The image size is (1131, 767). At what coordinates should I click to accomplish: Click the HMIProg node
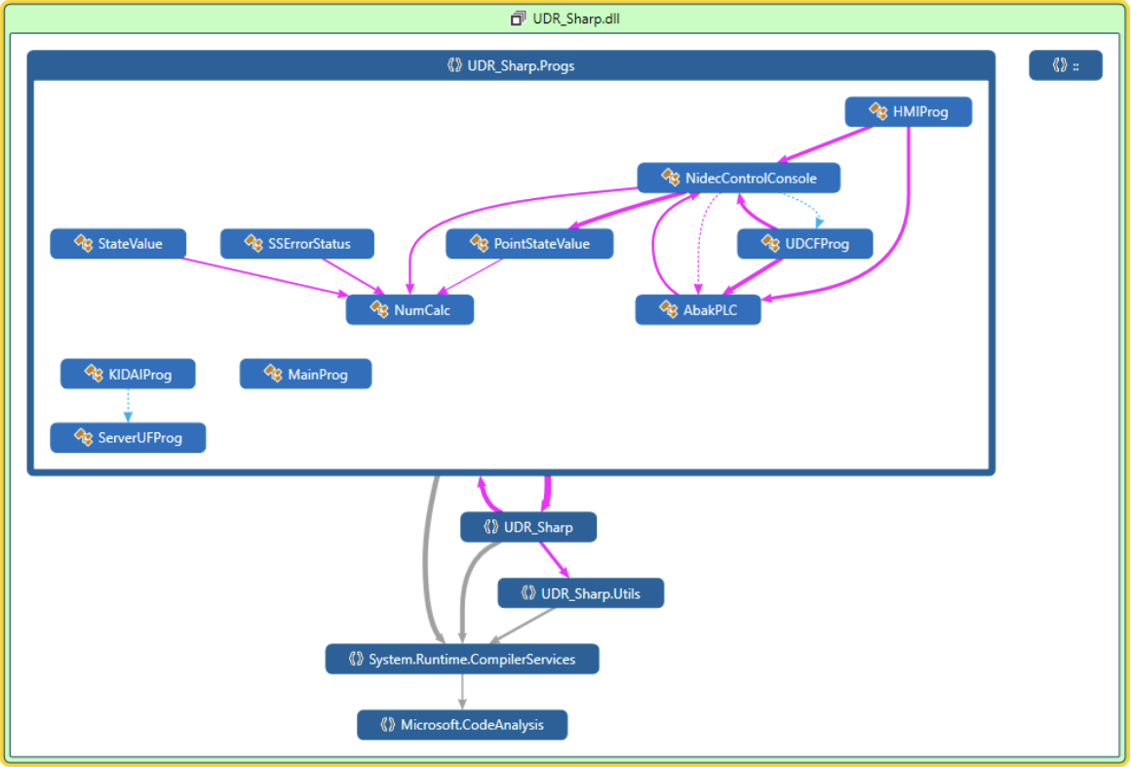pyautogui.click(x=908, y=112)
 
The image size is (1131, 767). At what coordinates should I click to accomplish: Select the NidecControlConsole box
pyautogui.click(x=738, y=178)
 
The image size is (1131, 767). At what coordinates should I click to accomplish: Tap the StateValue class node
pyautogui.click(x=119, y=244)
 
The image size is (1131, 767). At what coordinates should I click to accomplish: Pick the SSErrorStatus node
pyautogui.click(x=296, y=244)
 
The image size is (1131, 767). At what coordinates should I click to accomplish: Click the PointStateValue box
pyautogui.click(x=529, y=244)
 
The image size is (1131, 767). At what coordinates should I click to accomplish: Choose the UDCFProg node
pyautogui.click(x=804, y=244)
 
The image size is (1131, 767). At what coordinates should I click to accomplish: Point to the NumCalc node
pyautogui.click(x=409, y=309)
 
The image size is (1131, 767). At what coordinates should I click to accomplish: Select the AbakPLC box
pyautogui.click(x=697, y=309)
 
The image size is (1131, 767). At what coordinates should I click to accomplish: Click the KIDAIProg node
pyautogui.click(x=128, y=374)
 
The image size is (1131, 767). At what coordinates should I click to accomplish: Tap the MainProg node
pyautogui.click(x=305, y=374)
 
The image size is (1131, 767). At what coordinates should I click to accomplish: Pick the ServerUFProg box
pyautogui.click(x=128, y=438)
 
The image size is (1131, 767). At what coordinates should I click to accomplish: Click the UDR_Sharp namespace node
pyautogui.click(x=527, y=527)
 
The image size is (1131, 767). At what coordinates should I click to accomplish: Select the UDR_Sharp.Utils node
pyautogui.click(x=580, y=592)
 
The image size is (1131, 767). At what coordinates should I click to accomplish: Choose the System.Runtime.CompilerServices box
pyautogui.click(x=461, y=659)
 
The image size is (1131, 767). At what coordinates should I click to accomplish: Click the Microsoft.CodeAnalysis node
pyautogui.click(x=461, y=725)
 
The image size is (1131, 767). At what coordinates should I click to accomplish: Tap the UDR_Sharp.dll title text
pyautogui.click(x=574, y=19)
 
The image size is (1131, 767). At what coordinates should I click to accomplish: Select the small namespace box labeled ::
pyautogui.click(x=1066, y=65)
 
